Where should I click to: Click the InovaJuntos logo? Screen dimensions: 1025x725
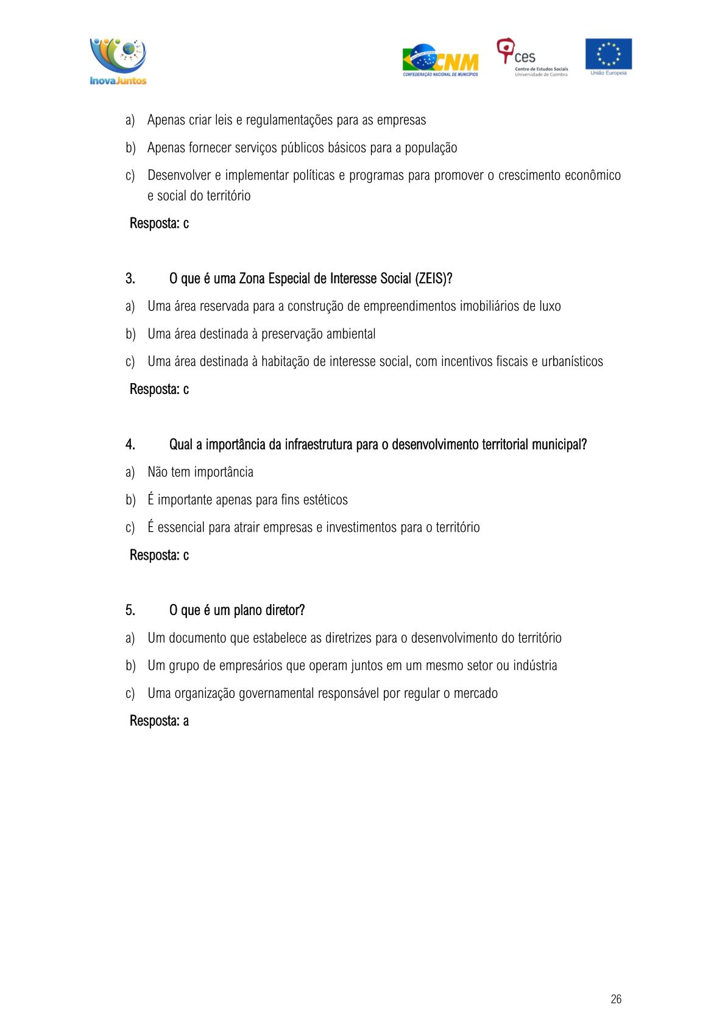[x=118, y=62]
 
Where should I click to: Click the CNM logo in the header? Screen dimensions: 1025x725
[x=440, y=60]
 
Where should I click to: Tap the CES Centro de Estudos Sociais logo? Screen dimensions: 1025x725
[x=532, y=58]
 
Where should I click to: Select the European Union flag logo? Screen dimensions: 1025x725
[x=608, y=56]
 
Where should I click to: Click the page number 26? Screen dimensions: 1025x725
[x=616, y=999]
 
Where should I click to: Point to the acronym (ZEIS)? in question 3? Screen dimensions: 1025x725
[x=434, y=279]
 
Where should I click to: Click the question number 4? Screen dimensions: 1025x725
[x=130, y=445]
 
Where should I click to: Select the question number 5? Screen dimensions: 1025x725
[x=130, y=610]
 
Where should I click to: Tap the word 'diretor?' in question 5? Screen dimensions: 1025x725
[x=285, y=610]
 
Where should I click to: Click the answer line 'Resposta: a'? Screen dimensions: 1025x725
[x=159, y=721]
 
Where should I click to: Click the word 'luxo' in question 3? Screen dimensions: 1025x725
[x=550, y=306]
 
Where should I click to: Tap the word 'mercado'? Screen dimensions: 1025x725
[x=475, y=693]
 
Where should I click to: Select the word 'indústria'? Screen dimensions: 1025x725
[x=535, y=666]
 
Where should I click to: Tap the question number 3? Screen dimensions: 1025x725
[x=130, y=279]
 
